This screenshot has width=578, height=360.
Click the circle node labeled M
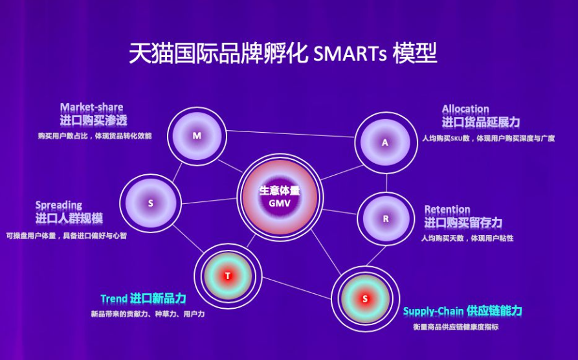(197, 136)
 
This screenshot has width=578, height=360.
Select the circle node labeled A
(386, 142)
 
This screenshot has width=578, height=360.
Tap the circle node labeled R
(386, 219)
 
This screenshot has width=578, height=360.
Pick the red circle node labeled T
(228, 276)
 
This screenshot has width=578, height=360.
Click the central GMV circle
(280, 197)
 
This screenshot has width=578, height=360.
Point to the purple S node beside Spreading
(150, 203)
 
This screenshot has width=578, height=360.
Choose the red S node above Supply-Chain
(365, 298)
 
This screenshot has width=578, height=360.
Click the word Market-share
(91, 107)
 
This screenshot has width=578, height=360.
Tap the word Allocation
(465, 109)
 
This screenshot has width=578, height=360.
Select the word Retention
(447, 210)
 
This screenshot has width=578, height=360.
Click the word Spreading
(59, 205)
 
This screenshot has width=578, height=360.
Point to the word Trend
(113, 298)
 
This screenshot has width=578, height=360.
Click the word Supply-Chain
(433, 311)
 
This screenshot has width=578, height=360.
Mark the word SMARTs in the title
(350, 54)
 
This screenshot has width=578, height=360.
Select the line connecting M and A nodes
(291, 134)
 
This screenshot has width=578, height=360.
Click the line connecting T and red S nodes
(296, 288)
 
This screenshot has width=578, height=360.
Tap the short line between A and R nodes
(386, 183)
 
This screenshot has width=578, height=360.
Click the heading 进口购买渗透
(94, 120)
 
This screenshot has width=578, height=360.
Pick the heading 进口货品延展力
(481, 122)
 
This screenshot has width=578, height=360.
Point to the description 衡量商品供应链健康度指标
(456, 327)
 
